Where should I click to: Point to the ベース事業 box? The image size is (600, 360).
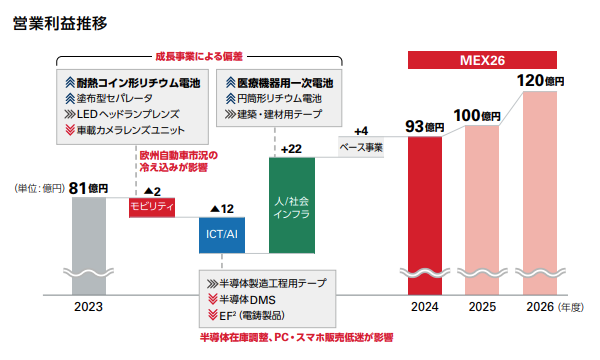(x=362, y=147)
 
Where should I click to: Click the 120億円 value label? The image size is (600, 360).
(x=541, y=79)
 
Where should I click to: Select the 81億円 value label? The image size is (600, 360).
(x=88, y=187)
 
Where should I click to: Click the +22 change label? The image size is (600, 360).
(x=292, y=149)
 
